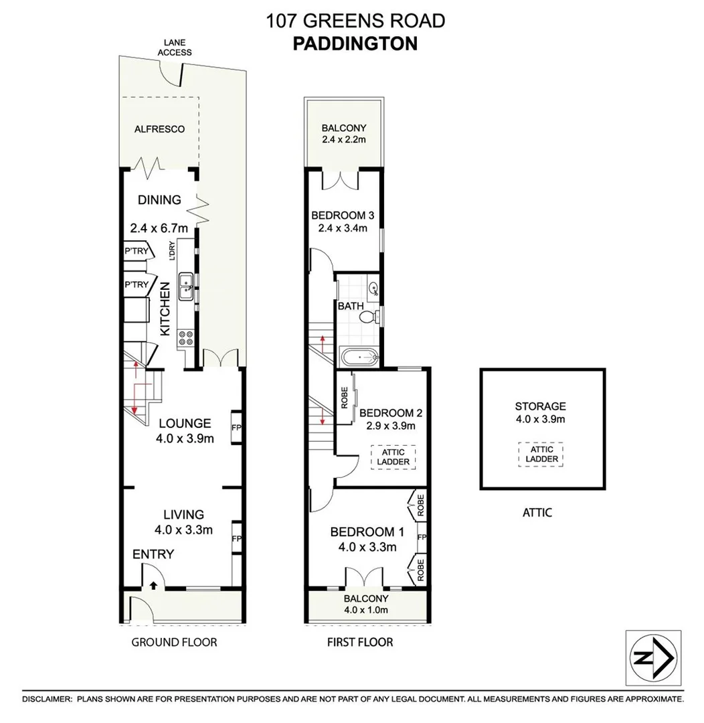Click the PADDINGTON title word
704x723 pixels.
[x=355, y=43]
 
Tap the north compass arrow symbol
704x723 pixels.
[x=653, y=658]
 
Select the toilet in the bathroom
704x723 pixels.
[x=370, y=317]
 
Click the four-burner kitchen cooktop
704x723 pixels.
[x=185, y=339]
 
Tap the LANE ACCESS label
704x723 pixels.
[x=174, y=48]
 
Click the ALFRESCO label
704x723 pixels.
[x=159, y=129]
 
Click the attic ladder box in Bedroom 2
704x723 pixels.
[x=393, y=457]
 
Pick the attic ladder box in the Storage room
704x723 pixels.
[x=540, y=454]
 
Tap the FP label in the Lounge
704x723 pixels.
[x=236, y=426]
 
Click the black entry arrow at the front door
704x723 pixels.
[x=153, y=585]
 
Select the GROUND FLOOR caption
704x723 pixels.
[x=174, y=643]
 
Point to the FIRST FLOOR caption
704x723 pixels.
[x=359, y=643]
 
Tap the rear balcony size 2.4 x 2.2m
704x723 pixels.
[x=343, y=140]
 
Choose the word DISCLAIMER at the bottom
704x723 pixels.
[x=47, y=699]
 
